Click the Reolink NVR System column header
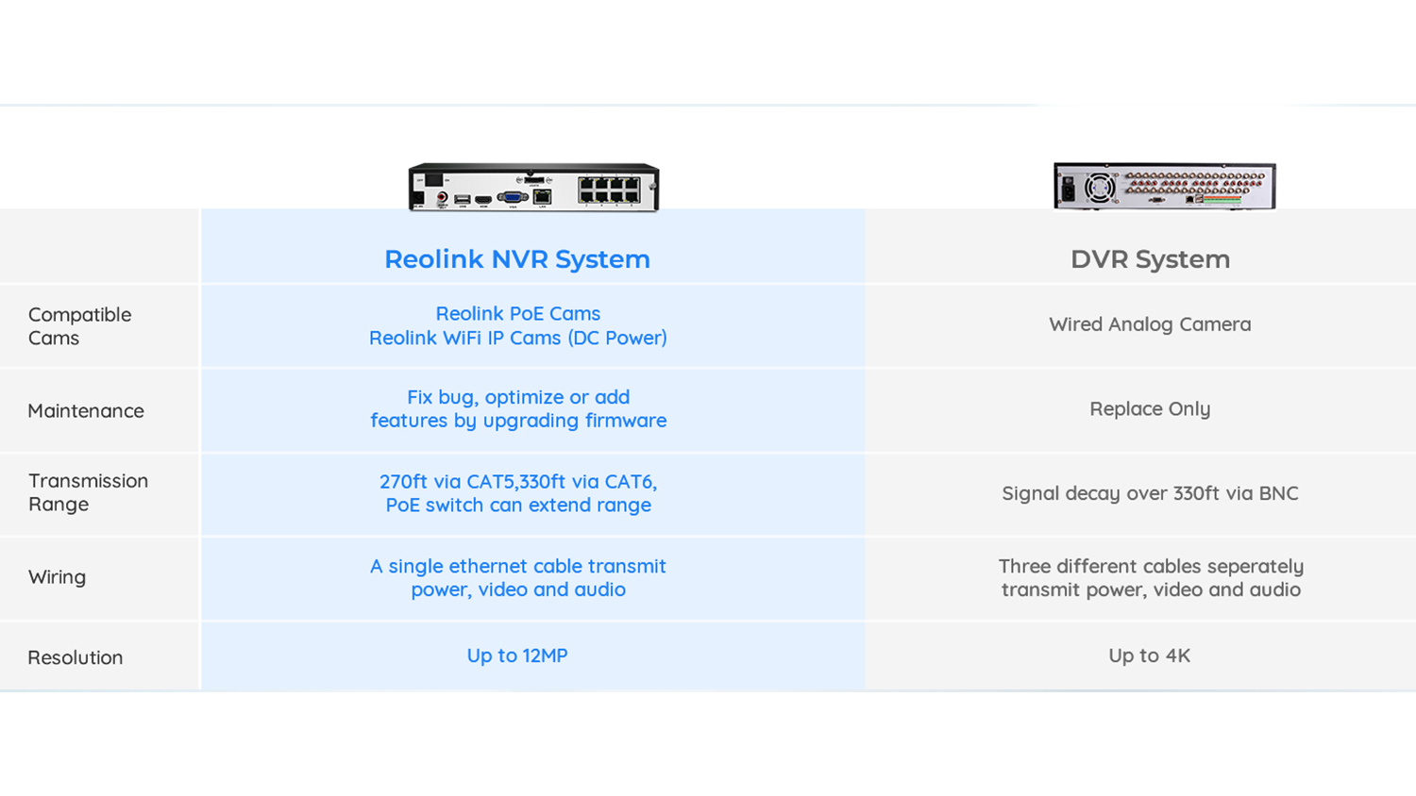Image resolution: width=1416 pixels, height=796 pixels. [x=517, y=259]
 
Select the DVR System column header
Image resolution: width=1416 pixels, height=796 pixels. [x=1150, y=259]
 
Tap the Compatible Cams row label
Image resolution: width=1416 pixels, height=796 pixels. [x=79, y=326]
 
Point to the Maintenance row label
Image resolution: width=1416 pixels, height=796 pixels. [x=86, y=410]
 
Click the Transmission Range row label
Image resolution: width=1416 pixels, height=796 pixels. [x=88, y=492]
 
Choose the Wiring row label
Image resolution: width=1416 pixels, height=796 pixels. [x=57, y=577]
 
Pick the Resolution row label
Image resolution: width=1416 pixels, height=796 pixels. [x=76, y=657]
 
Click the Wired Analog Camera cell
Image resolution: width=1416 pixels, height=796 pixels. [x=1150, y=324]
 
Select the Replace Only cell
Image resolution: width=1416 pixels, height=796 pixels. [x=1150, y=408]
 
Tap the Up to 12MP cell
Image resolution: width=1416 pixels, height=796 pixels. [x=517, y=655]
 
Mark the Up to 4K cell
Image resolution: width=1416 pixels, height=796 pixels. [x=1149, y=655]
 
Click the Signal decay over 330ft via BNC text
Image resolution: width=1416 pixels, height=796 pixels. [x=1150, y=493]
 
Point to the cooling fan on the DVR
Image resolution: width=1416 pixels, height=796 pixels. [x=1100, y=188]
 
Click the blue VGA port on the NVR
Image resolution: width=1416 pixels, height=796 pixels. [x=513, y=198]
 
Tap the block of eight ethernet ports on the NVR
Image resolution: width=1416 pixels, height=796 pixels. [x=609, y=190]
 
